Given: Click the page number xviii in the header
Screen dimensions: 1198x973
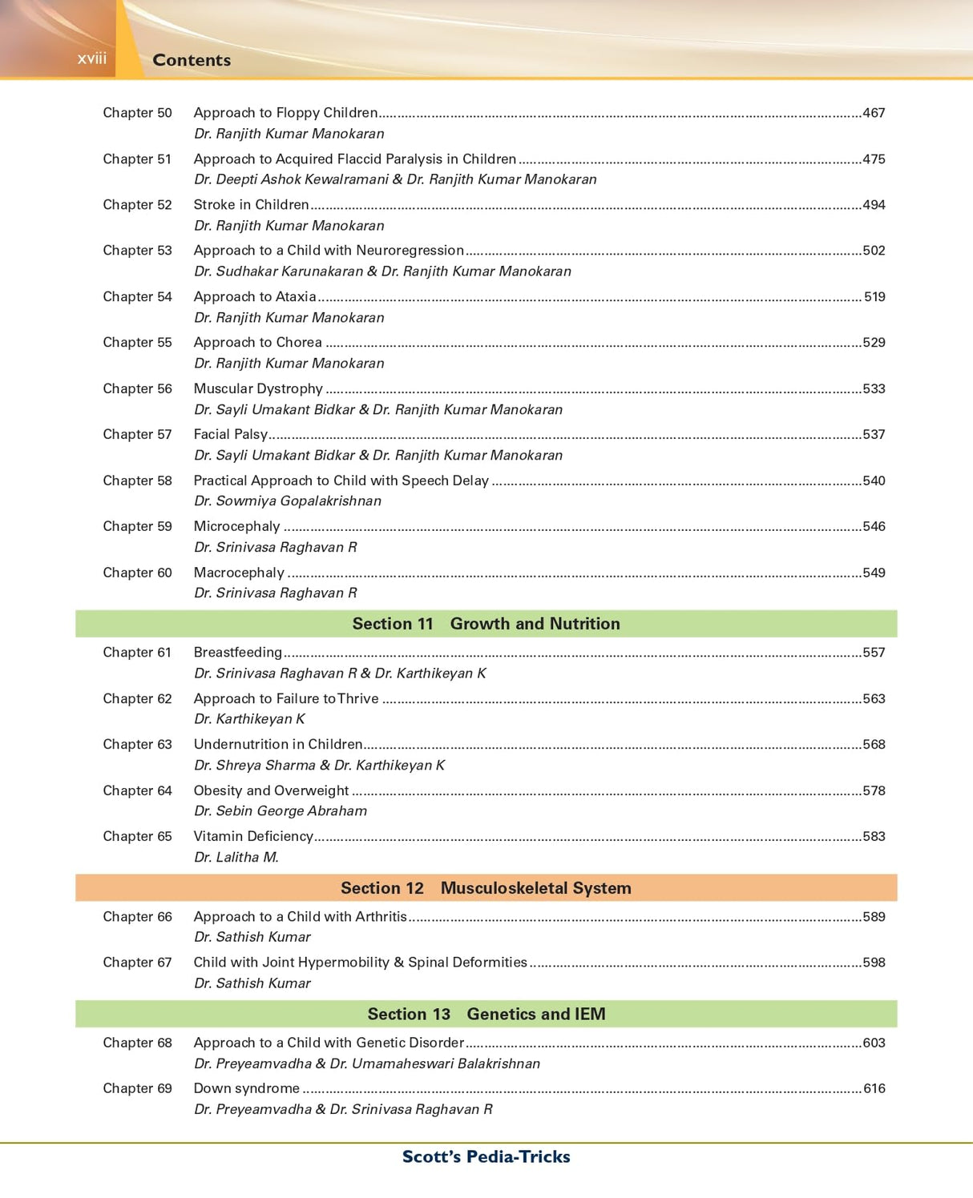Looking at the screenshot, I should click(91, 58).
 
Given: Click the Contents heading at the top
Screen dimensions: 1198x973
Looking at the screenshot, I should click(192, 60).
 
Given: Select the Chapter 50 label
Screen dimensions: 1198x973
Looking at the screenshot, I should click(137, 113).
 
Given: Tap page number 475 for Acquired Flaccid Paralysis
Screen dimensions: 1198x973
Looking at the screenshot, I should click(874, 159).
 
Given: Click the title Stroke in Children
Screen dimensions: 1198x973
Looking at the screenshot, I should click(251, 205).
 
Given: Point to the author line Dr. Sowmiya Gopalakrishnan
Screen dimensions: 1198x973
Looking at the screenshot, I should click(287, 501).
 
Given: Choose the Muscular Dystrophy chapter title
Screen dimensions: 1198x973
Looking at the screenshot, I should click(258, 389).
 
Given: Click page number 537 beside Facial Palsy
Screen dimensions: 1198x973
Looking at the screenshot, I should click(874, 435).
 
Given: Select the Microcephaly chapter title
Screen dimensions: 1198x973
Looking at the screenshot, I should click(236, 527).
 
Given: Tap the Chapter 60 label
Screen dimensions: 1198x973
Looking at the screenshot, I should click(137, 573).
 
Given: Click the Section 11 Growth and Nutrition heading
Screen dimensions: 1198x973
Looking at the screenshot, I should click(486, 624).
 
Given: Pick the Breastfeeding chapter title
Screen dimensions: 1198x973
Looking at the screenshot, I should click(237, 653).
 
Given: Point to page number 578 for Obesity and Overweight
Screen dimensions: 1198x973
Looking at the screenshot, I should click(874, 791).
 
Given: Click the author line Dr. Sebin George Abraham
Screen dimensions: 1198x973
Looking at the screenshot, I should click(280, 811).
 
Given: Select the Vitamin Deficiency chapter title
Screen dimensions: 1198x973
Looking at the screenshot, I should click(252, 837).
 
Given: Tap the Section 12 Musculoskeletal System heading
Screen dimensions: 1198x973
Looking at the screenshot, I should click(486, 888).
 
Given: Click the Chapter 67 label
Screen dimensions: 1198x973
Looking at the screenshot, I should click(137, 963).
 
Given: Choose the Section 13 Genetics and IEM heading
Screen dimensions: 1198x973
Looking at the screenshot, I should click(486, 1015).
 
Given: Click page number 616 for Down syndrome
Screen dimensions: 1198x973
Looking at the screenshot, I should click(874, 1089).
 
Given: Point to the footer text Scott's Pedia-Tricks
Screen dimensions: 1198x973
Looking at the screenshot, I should click(486, 1157).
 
